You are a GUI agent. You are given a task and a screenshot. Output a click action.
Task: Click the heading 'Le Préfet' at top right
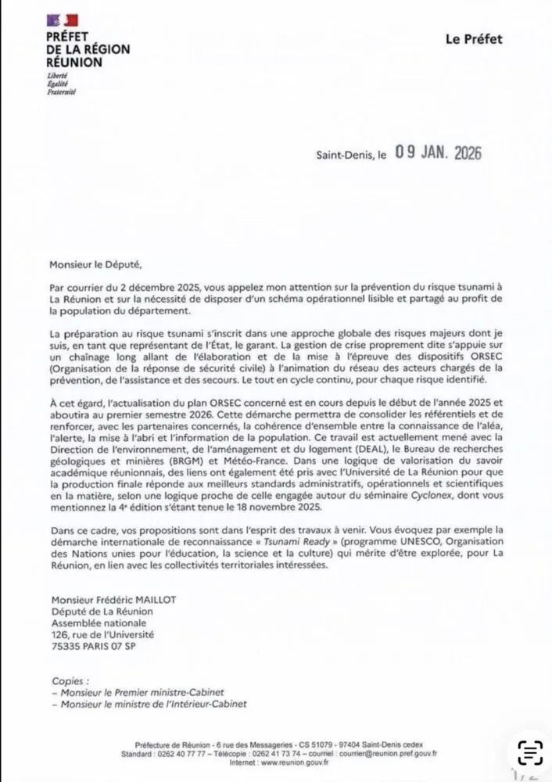tap(474, 39)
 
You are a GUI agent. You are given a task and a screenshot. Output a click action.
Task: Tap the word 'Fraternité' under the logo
tap(62, 92)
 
